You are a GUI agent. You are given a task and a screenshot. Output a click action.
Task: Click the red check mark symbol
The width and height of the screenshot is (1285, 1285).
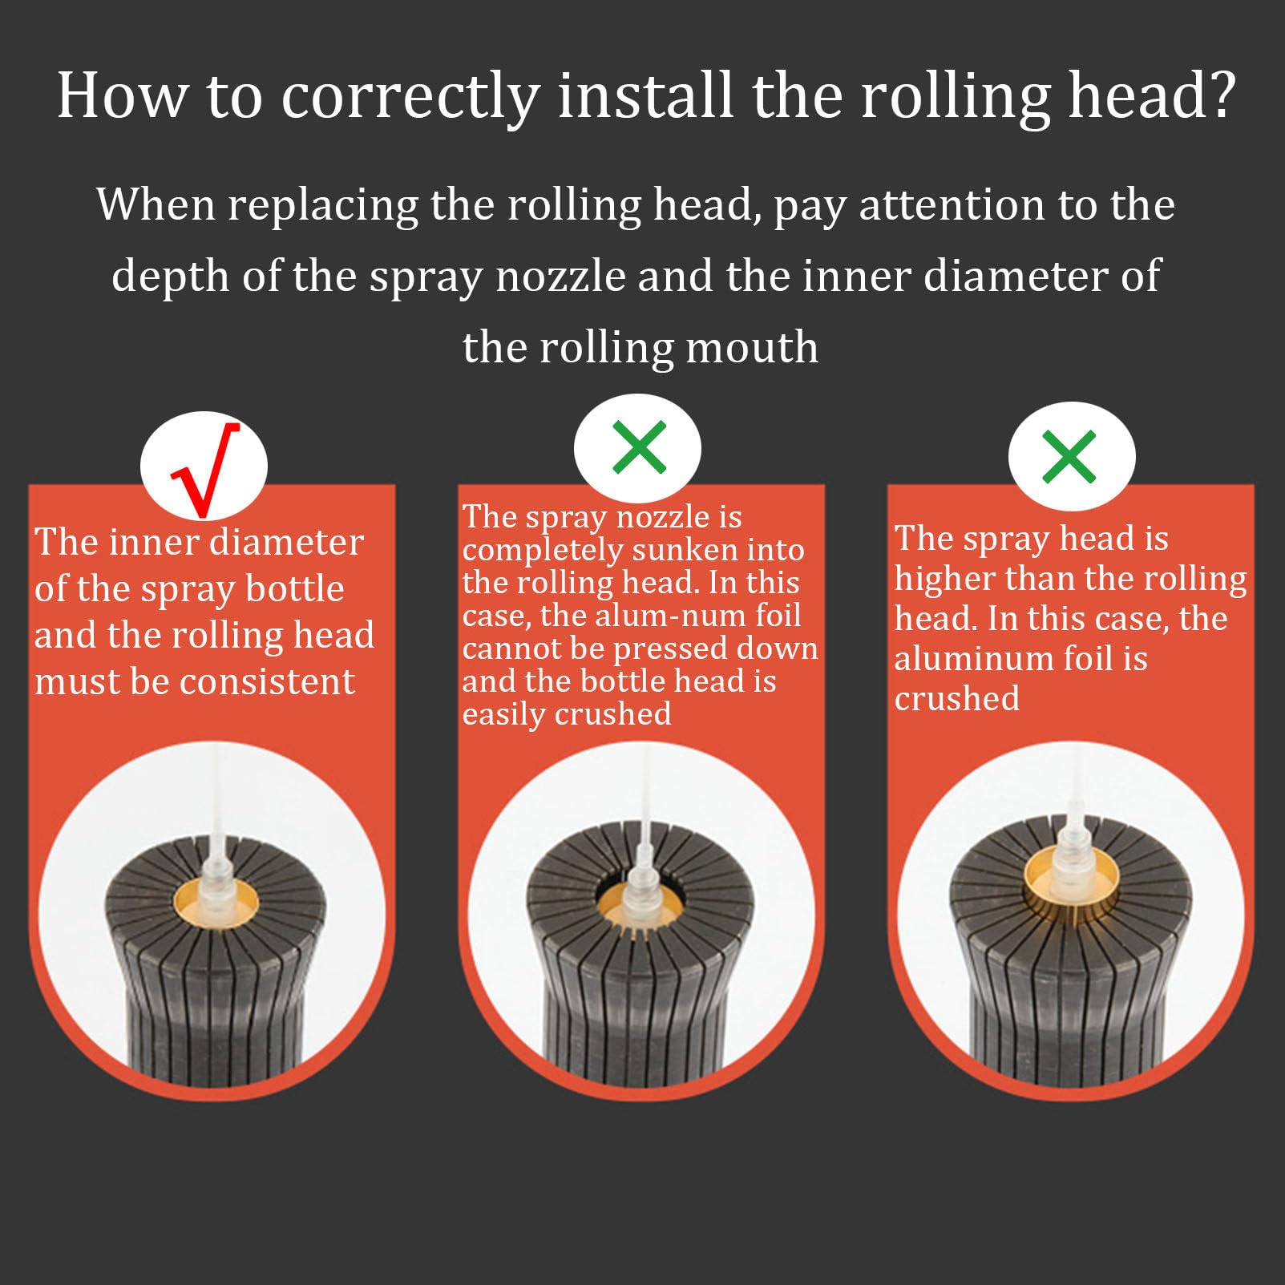click(206, 469)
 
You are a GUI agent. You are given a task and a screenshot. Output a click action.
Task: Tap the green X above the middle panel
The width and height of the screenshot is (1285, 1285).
click(639, 447)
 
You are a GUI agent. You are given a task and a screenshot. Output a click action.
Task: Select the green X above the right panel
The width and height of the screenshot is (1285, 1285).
click(1069, 457)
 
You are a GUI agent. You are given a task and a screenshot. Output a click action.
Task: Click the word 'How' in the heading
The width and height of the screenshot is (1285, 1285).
click(122, 95)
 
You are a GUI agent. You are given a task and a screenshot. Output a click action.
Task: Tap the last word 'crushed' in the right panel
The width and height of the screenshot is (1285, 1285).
click(957, 699)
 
